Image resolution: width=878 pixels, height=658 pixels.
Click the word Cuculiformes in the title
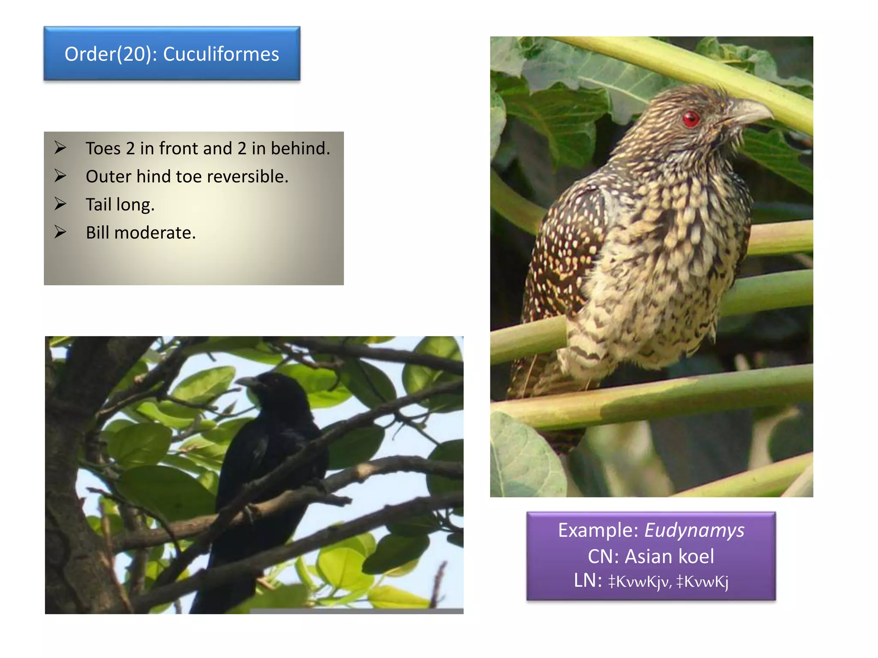point(221,54)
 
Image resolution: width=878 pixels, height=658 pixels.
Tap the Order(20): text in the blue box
point(111,54)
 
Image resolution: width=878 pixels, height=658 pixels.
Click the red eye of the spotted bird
point(691,118)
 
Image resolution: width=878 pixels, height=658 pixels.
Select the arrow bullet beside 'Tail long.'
point(60,204)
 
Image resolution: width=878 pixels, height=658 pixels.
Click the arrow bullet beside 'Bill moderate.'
point(60,232)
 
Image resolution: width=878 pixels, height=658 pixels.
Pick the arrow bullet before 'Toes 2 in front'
point(60,148)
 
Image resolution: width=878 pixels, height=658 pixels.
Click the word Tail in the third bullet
point(98,205)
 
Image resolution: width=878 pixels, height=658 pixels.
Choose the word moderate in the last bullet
point(155,233)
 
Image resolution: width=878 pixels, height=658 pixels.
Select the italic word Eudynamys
point(694,530)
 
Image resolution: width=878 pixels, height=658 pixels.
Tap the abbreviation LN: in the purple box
point(588,581)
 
